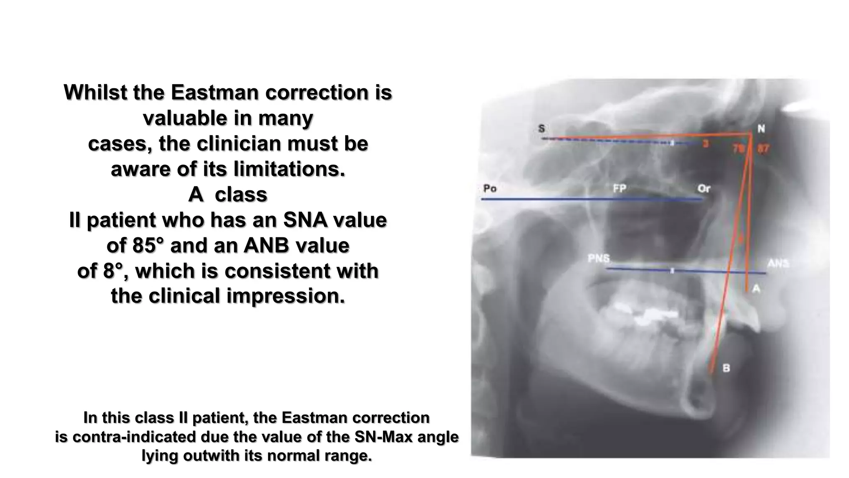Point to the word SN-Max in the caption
pyautogui.click(x=385, y=437)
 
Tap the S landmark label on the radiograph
pyautogui.click(x=541, y=129)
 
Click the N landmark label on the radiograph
pyautogui.click(x=761, y=129)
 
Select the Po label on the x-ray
pyautogui.click(x=490, y=189)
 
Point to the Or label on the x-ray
pyautogui.click(x=704, y=189)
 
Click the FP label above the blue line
pyautogui.click(x=619, y=189)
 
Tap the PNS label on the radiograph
pyautogui.click(x=599, y=259)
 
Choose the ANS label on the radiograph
pyautogui.click(x=778, y=263)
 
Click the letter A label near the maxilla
pyautogui.click(x=756, y=289)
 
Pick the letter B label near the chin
pyautogui.click(x=726, y=368)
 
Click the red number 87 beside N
pyautogui.click(x=763, y=149)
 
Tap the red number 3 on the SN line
pyautogui.click(x=706, y=144)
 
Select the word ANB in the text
pyautogui.click(x=266, y=246)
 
